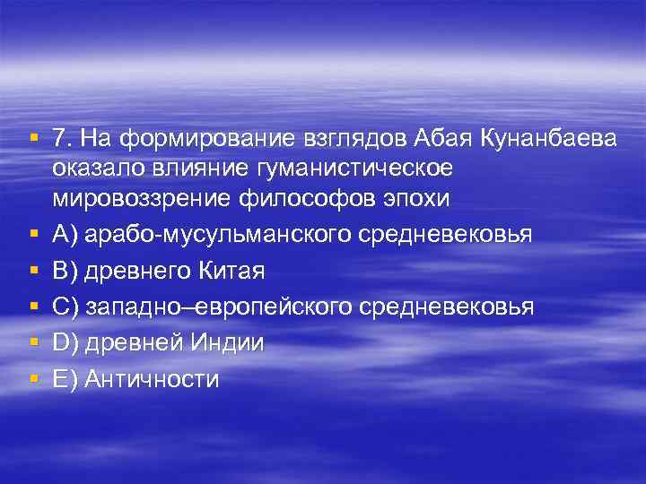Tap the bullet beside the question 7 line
(32, 137)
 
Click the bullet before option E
(32, 379)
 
